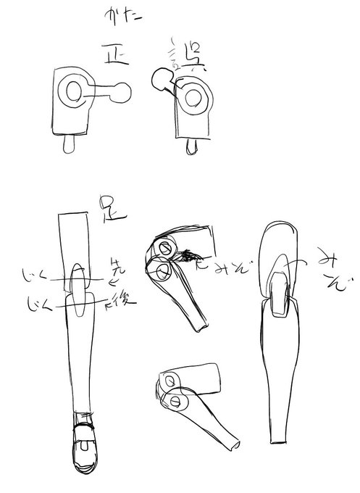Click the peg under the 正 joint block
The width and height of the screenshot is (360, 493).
(x=70, y=144)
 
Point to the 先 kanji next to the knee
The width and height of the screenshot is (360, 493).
(x=116, y=265)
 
